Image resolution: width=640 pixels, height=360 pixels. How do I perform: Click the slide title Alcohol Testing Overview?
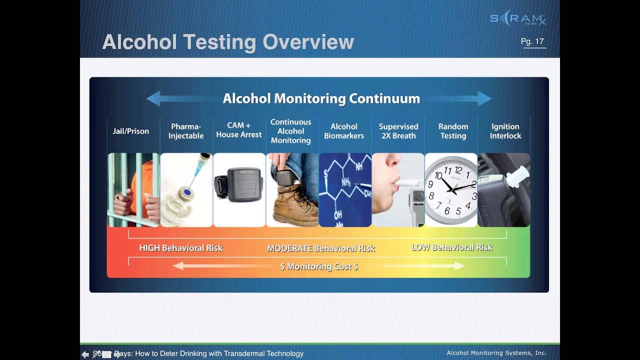pyautogui.click(x=227, y=42)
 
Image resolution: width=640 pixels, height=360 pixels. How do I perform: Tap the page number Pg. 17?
pyautogui.click(x=532, y=41)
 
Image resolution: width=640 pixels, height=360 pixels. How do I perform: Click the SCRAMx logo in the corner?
pyautogui.click(x=518, y=19)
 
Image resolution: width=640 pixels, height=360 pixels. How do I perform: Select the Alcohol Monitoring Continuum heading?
pyautogui.click(x=321, y=98)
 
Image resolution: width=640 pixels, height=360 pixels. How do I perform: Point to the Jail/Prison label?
pyautogui.click(x=131, y=131)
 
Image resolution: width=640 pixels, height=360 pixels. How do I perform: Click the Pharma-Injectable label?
pyautogui.click(x=186, y=131)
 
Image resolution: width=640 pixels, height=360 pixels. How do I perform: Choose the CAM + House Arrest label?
pyautogui.click(x=239, y=130)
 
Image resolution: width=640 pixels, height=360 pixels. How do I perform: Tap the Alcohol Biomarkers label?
pyautogui.click(x=344, y=131)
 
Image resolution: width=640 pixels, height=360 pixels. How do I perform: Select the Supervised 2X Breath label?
pyautogui.click(x=398, y=131)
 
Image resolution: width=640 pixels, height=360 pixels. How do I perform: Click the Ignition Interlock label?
pyautogui.click(x=505, y=131)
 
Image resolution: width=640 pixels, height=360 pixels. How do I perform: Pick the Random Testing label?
pyautogui.click(x=453, y=131)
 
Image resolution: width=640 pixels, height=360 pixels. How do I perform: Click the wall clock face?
pyautogui.click(x=451, y=189)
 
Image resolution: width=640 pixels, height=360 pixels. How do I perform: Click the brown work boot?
pyautogui.click(x=293, y=206)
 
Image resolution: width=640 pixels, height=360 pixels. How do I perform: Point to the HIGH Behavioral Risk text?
pyautogui.click(x=180, y=248)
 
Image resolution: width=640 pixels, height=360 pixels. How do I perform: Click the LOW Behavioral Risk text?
pyautogui.click(x=451, y=247)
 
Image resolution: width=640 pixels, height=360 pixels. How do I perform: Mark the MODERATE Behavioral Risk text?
pyautogui.click(x=320, y=248)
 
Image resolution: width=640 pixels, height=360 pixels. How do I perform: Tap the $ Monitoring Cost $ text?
pyautogui.click(x=319, y=266)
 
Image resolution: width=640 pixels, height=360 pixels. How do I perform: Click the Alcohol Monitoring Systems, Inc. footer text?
pyautogui.click(x=496, y=353)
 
